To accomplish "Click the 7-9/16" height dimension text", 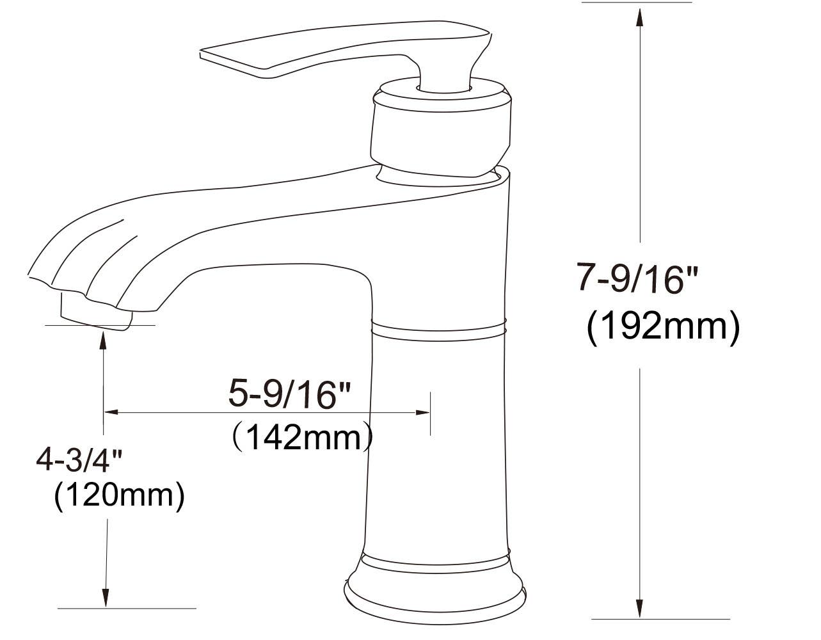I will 637,280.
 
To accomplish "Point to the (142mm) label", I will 301,438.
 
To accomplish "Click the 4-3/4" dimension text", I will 79,460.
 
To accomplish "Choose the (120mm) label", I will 119,495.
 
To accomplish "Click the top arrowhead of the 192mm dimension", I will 639,15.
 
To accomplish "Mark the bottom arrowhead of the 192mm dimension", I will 639,608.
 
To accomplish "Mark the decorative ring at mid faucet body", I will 439,328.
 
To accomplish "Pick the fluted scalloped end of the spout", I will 77,262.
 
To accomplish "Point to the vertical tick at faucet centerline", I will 431,413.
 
